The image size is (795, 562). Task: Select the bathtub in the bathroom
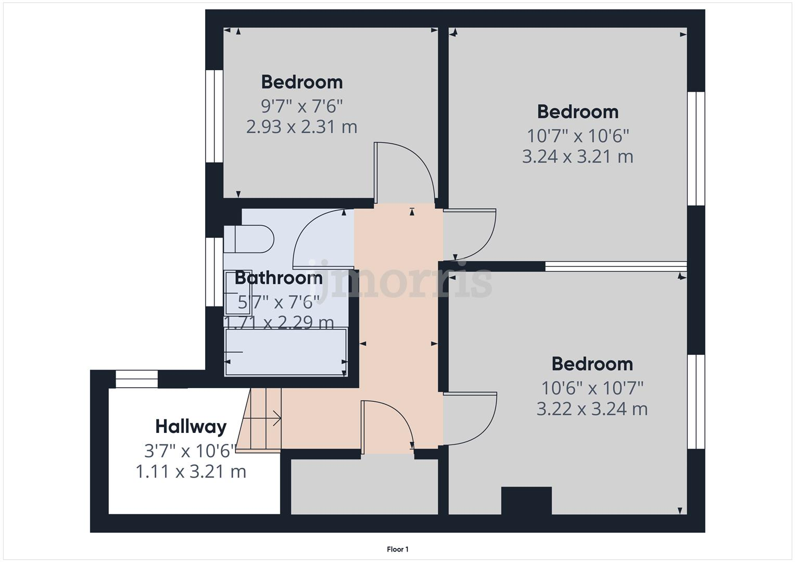(x=286, y=352)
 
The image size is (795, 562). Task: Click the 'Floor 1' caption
(x=398, y=549)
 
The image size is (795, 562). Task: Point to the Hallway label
(x=191, y=427)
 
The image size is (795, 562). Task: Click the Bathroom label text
(x=279, y=278)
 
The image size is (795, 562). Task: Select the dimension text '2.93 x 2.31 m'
(x=301, y=127)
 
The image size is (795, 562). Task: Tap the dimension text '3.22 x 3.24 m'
(x=592, y=409)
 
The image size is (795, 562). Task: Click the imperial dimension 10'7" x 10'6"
(x=578, y=136)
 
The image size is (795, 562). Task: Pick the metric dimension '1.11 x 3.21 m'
(x=191, y=472)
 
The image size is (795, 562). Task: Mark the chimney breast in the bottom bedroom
(x=526, y=500)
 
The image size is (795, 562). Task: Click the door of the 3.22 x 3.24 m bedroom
(x=469, y=417)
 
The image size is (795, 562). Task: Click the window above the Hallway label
(x=136, y=379)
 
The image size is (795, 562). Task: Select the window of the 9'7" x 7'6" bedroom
(x=214, y=116)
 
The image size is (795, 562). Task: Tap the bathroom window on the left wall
(x=214, y=272)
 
